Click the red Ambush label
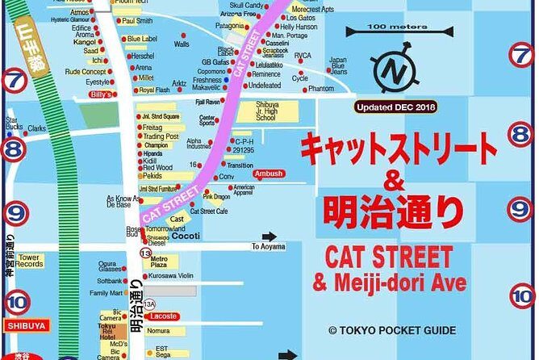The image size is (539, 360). (269, 174)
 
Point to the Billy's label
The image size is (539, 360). (101, 94)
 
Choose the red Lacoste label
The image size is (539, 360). (163, 316)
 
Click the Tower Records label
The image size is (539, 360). (30, 260)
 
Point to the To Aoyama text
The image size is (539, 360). (269, 247)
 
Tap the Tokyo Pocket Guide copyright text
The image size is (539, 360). (391, 330)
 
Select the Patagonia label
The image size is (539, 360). (229, 48)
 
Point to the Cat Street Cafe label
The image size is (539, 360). (209, 211)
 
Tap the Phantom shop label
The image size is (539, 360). (320, 89)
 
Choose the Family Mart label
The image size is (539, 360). (106, 293)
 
